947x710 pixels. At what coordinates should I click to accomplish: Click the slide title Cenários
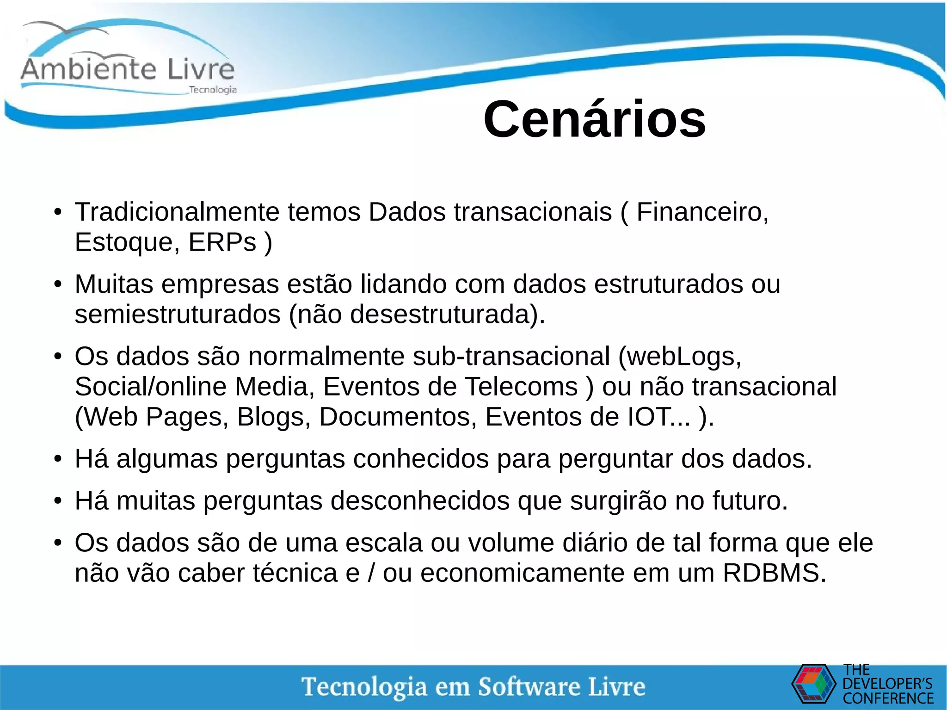(x=594, y=119)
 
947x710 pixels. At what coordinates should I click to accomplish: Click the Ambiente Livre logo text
(x=128, y=69)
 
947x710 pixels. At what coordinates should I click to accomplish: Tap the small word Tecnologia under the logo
(x=213, y=90)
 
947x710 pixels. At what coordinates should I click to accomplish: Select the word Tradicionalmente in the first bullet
(x=177, y=212)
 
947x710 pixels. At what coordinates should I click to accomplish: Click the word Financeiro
(x=702, y=212)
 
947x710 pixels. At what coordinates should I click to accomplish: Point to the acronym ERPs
(x=222, y=242)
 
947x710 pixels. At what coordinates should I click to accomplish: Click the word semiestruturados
(x=177, y=315)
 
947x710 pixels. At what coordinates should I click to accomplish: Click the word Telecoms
(x=521, y=387)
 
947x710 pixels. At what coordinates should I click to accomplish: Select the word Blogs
(x=273, y=417)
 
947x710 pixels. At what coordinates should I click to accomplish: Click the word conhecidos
(x=421, y=459)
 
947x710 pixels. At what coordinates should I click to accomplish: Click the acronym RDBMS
(x=773, y=573)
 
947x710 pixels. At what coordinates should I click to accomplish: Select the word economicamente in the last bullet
(x=522, y=573)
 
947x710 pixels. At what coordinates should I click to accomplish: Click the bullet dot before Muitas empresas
(x=57, y=284)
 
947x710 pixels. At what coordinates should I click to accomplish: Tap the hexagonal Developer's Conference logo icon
(x=813, y=684)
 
